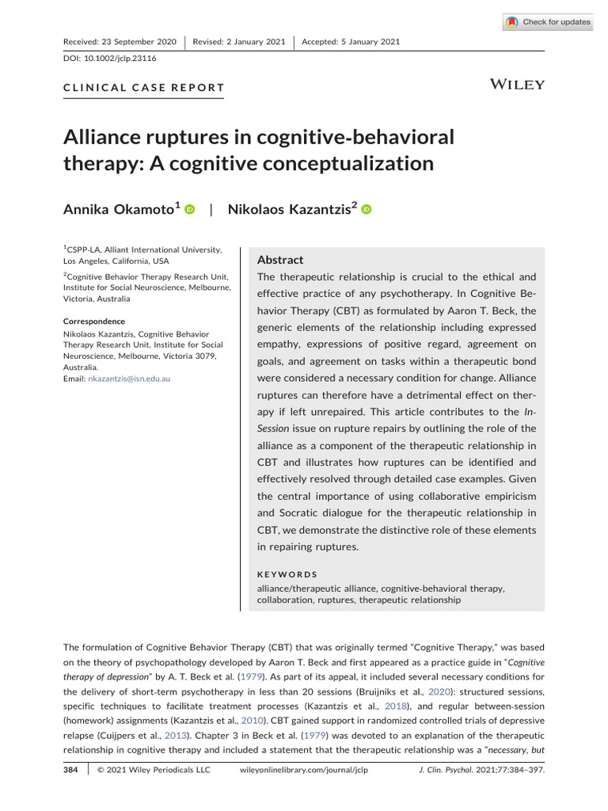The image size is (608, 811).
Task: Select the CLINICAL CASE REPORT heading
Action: [143, 88]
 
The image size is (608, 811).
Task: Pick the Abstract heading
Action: [280, 260]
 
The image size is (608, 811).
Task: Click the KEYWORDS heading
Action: [287, 574]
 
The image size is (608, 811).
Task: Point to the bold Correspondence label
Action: [94, 322]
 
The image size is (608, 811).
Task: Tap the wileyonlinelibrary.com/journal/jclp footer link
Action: [303, 769]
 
